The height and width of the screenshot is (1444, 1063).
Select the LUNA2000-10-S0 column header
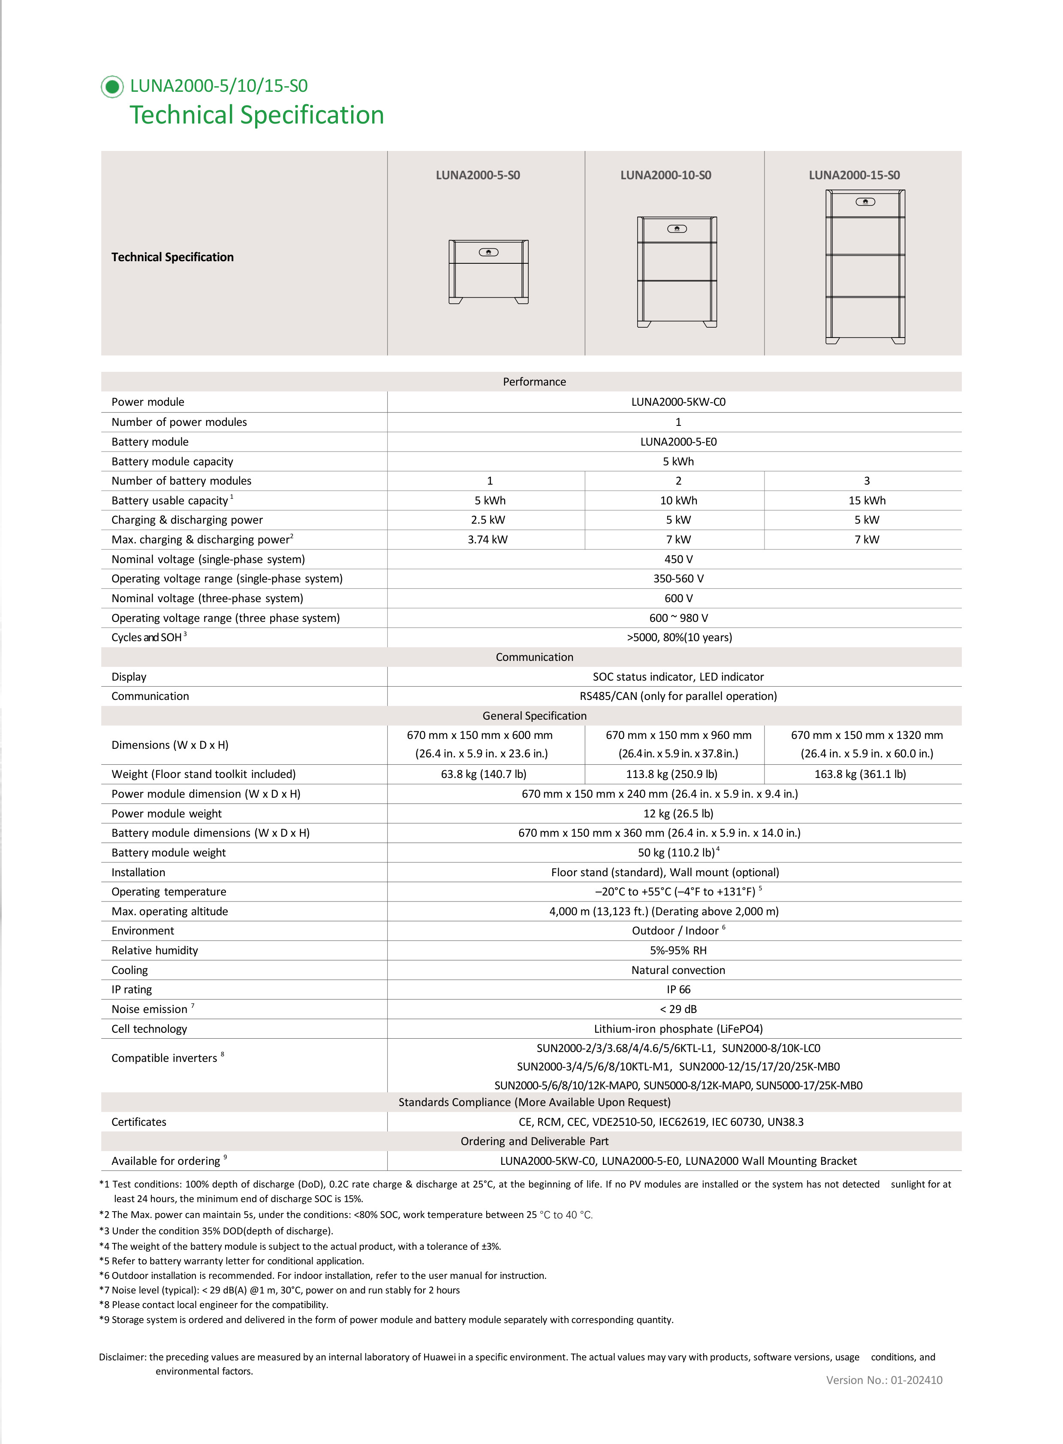coord(666,175)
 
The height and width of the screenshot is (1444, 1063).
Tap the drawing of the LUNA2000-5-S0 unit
coord(488,271)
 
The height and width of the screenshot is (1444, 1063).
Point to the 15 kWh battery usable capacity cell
coord(867,500)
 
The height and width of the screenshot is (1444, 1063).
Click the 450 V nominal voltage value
coord(678,559)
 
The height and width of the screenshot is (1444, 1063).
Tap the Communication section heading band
coord(534,657)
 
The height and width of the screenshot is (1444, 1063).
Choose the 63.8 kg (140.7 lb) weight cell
coord(483,774)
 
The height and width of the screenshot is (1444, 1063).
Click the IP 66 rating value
coord(678,990)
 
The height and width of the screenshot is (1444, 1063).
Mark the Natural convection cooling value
coord(678,971)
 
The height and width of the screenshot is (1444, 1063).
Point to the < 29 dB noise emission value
coord(678,1009)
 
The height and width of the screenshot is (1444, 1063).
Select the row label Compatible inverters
coord(164,1058)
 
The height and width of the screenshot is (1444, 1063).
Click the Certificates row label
coord(139,1122)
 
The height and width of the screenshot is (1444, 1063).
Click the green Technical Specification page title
coord(257,116)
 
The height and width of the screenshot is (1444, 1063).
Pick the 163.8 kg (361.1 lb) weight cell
coord(860,774)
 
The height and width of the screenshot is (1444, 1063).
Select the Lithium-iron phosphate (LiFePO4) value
coord(678,1029)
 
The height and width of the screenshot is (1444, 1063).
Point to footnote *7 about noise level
coord(280,1290)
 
